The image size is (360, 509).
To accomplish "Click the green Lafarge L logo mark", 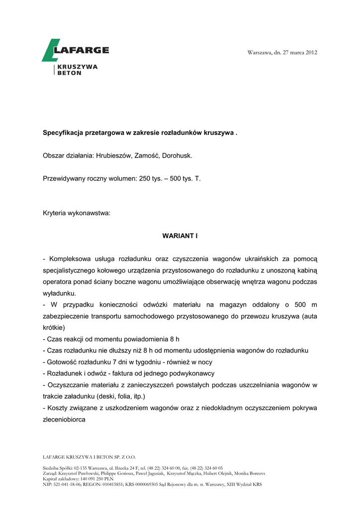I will point(50,50).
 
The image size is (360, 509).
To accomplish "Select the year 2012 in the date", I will point(311,53).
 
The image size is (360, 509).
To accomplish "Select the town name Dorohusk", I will point(177,156).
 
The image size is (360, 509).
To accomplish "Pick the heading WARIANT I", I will point(180,236).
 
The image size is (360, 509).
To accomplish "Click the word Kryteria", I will point(55,213).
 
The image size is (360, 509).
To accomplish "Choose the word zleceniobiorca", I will point(64,419).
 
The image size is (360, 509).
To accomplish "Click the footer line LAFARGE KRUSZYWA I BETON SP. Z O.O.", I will point(90,456).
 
